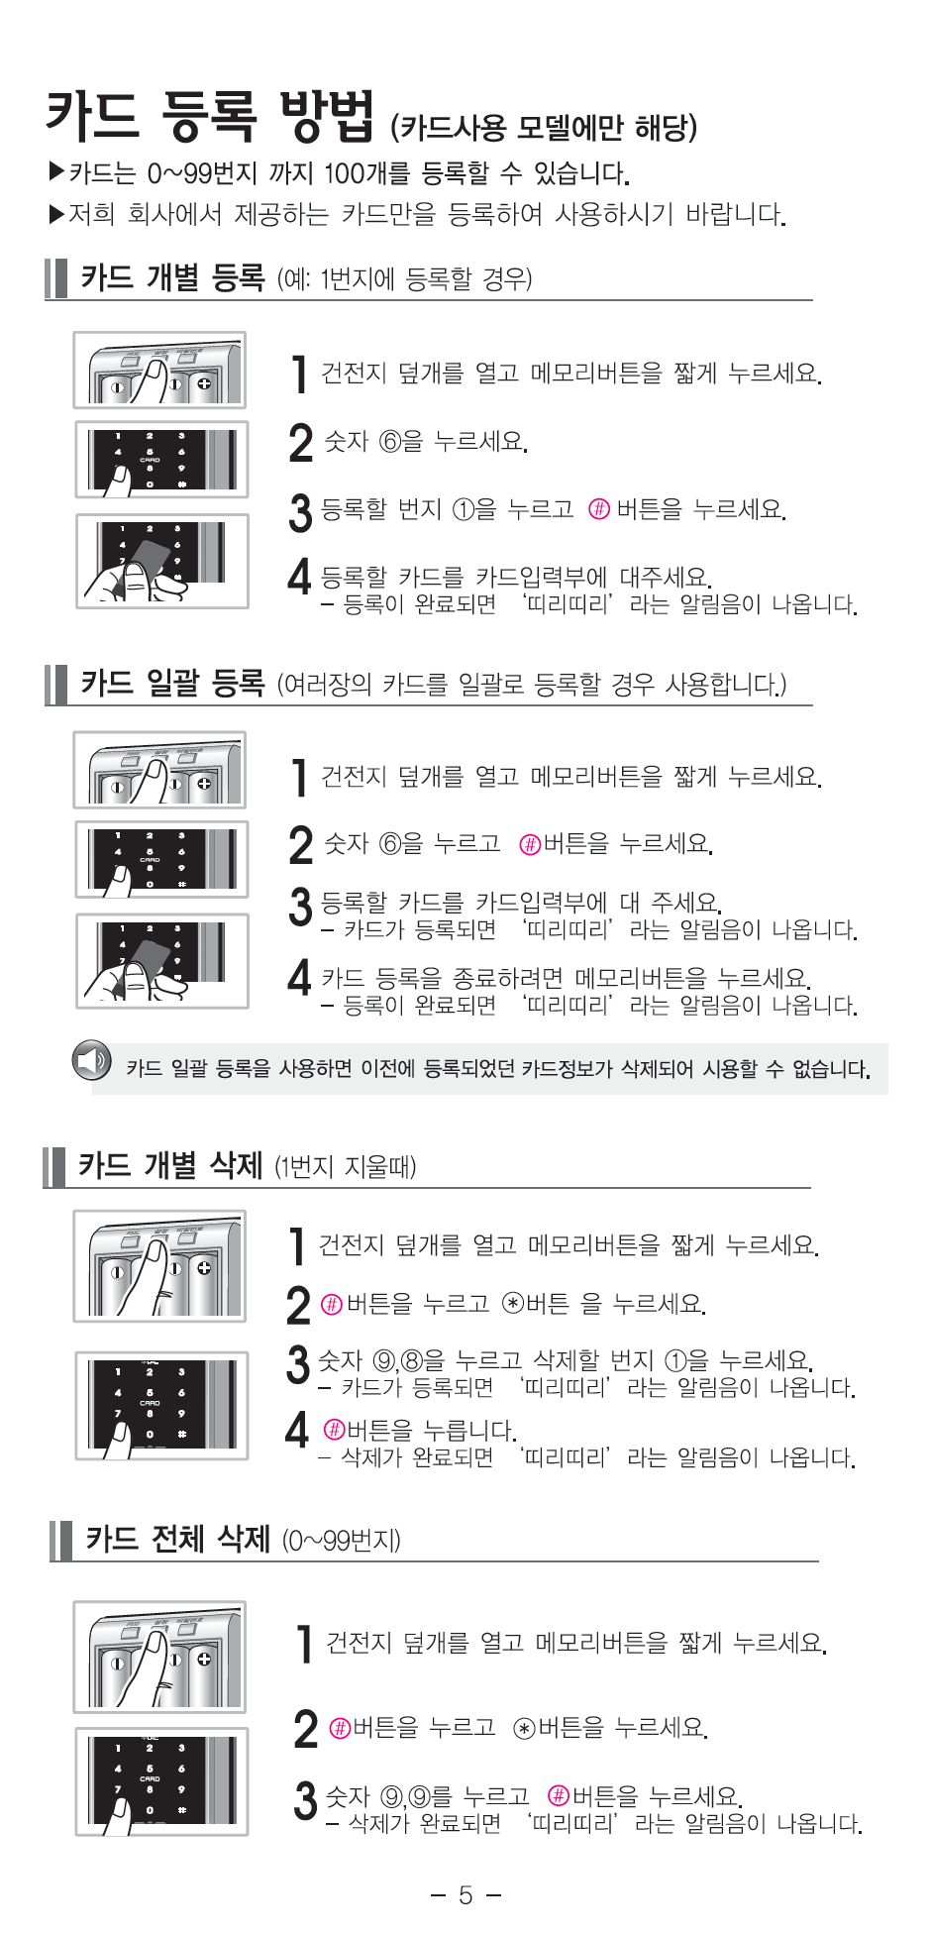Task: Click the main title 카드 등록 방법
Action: pos(210,116)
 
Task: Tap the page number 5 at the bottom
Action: pos(465,1894)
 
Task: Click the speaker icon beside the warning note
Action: pos(91,1060)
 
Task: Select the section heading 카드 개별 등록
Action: pos(172,278)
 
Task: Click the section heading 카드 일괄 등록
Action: pos(172,683)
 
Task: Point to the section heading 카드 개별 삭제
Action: pos(170,1165)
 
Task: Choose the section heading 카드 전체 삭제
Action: pos(177,1539)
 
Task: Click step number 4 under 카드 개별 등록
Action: pos(299,576)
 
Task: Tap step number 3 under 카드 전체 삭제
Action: pos(305,1800)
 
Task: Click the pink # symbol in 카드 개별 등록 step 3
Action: pos(598,509)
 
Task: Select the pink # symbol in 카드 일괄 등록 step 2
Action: pos(530,844)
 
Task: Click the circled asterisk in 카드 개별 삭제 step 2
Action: pos(512,1303)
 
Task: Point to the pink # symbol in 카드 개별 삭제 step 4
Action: pos(334,1430)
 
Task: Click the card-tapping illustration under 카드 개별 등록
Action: pos(162,561)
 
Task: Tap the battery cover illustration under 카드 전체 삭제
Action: pos(159,1657)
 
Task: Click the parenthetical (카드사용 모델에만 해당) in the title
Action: pos(544,128)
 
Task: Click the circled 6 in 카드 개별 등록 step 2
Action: pos(389,442)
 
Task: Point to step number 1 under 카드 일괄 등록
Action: pos(299,778)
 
